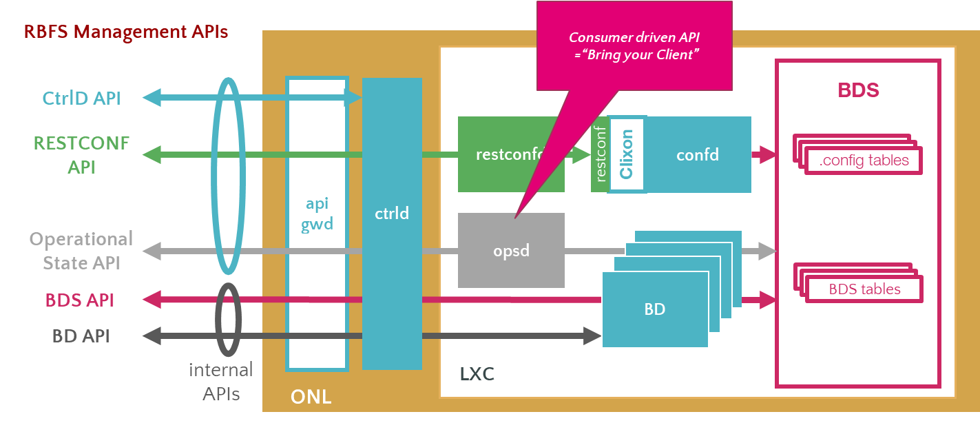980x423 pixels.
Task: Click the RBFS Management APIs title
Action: pyautogui.click(x=126, y=32)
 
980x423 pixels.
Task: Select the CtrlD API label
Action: pyautogui.click(x=81, y=98)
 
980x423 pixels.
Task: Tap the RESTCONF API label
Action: pyautogui.click(x=81, y=155)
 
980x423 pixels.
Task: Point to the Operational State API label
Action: pyautogui.click(x=81, y=251)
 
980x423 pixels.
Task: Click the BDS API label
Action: pyautogui.click(x=80, y=300)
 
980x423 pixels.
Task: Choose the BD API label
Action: pyautogui.click(x=81, y=336)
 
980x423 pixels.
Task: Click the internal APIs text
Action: pyautogui.click(x=220, y=381)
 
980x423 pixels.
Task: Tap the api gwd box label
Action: pyautogui.click(x=317, y=214)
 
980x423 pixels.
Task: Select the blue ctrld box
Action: pyautogui.click(x=392, y=214)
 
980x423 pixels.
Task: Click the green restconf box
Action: pyautogui.click(x=510, y=155)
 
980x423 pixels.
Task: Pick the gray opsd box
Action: pyautogui.click(x=511, y=250)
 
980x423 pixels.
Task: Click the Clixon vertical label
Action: pyautogui.click(x=626, y=154)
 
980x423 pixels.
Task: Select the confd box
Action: pyautogui.click(x=697, y=155)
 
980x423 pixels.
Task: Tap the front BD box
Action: pyautogui.click(x=655, y=309)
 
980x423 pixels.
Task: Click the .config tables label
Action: pyautogui.click(x=864, y=161)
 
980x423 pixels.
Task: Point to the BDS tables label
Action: pyautogui.click(x=864, y=289)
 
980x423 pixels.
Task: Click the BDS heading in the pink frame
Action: pyautogui.click(x=858, y=91)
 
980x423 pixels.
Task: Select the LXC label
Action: pyautogui.click(x=477, y=375)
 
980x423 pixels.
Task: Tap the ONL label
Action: pyautogui.click(x=311, y=397)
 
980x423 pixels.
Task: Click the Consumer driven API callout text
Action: pyautogui.click(x=634, y=47)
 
